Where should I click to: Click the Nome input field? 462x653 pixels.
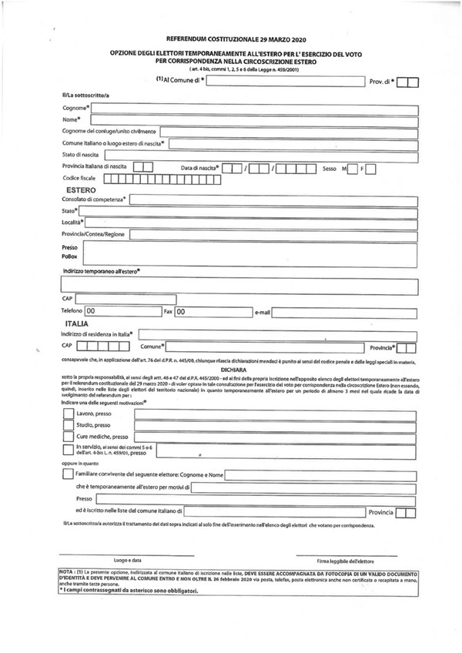pos(254,119)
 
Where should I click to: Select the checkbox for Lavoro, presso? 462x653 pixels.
pos(67,414)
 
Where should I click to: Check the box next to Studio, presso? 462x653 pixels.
pos(67,425)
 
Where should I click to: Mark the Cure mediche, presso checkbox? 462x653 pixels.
pos(67,437)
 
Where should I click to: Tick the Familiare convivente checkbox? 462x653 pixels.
pos(67,474)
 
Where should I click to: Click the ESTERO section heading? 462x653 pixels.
pos(81,189)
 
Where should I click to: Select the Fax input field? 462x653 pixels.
pos(212,312)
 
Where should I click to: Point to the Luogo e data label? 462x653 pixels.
pos(127,560)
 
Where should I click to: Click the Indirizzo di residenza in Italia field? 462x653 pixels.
pos(277,334)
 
